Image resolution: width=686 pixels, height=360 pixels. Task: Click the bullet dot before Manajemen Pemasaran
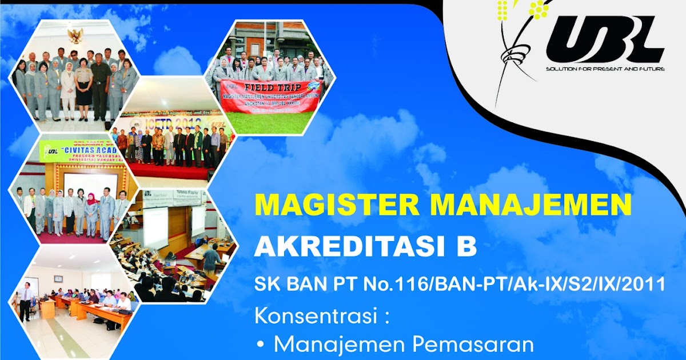(262, 345)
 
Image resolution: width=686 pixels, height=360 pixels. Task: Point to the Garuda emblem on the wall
(75, 36)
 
